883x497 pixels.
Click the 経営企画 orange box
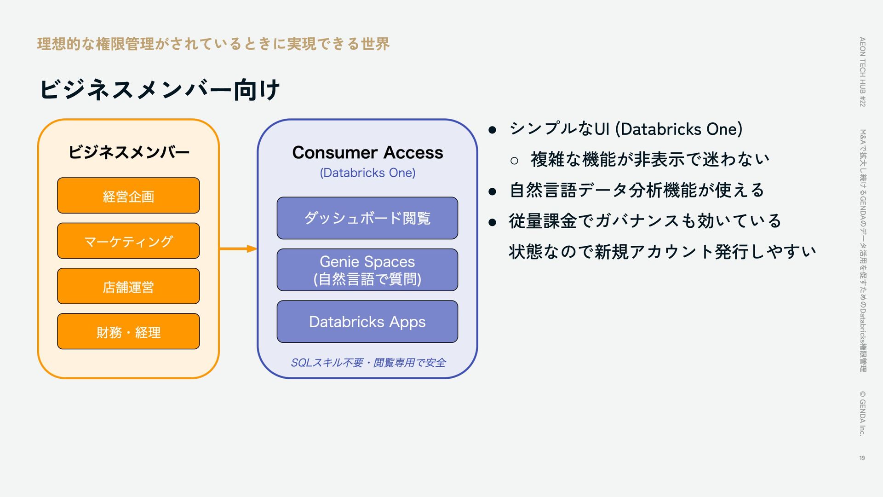pos(128,196)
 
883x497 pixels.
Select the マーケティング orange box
pos(128,241)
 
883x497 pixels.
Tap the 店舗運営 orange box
pos(128,286)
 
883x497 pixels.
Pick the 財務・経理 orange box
pos(128,331)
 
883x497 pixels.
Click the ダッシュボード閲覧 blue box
pos(367,218)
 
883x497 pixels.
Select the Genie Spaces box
pos(367,270)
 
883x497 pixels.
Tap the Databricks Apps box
pos(367,322)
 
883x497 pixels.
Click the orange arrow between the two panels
pos(238,249)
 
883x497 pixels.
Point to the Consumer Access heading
pos(367,152)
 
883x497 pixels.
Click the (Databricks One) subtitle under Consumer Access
pos(367,173)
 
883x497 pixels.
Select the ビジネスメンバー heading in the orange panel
pos(129,152)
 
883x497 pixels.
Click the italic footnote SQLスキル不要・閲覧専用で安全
pos(368,363)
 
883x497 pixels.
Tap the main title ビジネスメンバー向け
pos(160,89)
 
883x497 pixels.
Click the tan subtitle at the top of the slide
pos(213,44)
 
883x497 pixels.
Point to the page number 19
pos(862,458)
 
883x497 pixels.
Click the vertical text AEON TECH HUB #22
pos(862,72)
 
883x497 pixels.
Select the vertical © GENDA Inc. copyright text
pos(862,413)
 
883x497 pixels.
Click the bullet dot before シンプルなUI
pos(492,130)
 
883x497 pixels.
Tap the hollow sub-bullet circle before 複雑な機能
pos(514,161)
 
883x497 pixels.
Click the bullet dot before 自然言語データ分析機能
pos(492,191)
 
